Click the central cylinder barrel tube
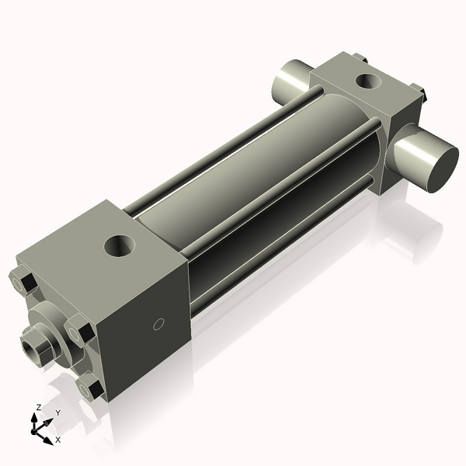[256, 167]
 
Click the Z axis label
[38, 408]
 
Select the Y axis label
[57, 412]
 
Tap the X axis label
[57, 440]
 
